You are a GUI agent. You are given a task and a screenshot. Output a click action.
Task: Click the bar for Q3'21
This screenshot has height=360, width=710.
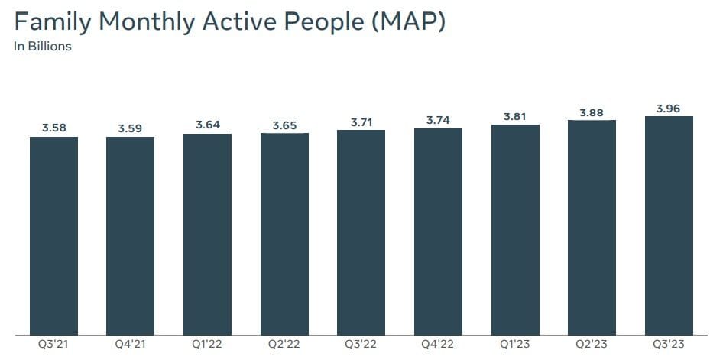[x=53, y=235]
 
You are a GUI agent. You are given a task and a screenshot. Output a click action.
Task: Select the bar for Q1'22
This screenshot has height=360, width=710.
[x=207, y=233]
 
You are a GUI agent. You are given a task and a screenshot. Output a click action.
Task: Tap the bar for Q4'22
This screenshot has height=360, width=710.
[x=438, y=231]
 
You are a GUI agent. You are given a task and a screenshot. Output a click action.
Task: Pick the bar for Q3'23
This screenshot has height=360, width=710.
[x=669, y=225]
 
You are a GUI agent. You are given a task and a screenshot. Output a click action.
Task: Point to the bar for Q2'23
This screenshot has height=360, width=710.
[x=592, y=227]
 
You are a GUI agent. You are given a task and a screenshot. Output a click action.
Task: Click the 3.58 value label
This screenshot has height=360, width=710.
[x=53, y=128]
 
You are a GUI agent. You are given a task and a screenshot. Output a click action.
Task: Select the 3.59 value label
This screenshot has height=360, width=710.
[x=130, y=128]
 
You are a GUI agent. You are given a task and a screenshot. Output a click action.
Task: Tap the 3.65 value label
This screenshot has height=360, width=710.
[x=284, y=125]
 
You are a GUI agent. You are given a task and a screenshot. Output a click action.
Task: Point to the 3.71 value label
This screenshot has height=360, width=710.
[x=361, y=122]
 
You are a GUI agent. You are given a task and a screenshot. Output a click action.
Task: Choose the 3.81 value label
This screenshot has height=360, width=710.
[x=515, y=117]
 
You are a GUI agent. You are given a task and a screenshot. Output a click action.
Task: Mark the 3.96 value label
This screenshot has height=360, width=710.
[x=669, y=109]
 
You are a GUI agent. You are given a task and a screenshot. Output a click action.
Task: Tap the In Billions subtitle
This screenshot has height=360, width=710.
[x=42, y=46]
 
